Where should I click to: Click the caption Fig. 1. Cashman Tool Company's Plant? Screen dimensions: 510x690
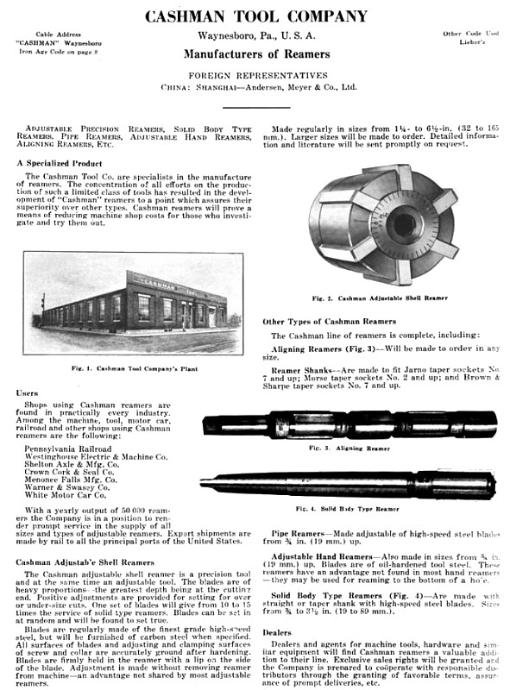134,367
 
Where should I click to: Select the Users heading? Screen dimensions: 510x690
27,392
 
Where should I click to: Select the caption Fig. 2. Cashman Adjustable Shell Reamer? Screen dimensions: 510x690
381,298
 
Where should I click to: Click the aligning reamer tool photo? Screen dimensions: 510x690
349,424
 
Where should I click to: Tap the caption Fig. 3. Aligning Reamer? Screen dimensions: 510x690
349,449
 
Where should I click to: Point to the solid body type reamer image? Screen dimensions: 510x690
349,484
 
